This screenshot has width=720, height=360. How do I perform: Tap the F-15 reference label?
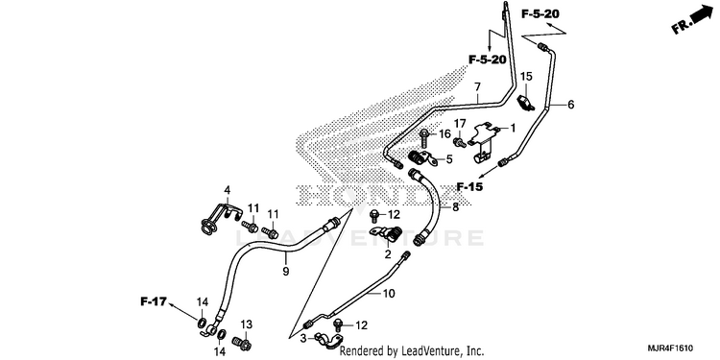click(x=470, y=186)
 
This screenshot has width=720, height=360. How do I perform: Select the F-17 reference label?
click(x=153, y=301)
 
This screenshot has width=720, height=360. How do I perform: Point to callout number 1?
click(x=513, y=128)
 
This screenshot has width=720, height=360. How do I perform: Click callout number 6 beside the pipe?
click(x=571, y=105)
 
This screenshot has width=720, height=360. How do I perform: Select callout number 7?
click(x=477, y=86)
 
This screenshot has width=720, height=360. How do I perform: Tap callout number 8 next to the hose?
click(x=455, y=207)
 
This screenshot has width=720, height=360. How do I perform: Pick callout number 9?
click(x=286, y=272)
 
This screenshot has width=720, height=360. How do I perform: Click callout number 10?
click(x=389, y=293)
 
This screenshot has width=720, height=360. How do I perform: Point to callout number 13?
click(x=247, y=324)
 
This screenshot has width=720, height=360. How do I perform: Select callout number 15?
click(x=526, y=76)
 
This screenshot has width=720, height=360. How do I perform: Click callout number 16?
click(x=444, y=134)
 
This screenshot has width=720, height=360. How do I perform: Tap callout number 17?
click(x=460, y=123)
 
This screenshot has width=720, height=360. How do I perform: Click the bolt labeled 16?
click(x=424, y=137)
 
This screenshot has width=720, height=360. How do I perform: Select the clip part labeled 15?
click(x=526, y=103)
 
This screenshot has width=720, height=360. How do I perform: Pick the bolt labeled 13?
click(x=242, y=343)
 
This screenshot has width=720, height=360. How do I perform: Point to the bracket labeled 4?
click(x=222, y=216)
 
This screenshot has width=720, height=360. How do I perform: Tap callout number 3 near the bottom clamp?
click(x=302, y=339)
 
